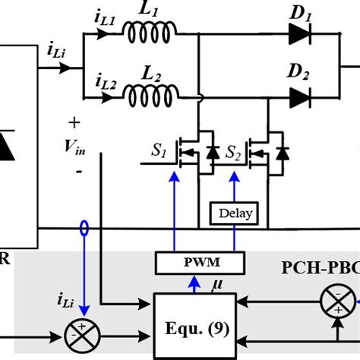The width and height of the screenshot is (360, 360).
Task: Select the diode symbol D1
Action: [299, 33]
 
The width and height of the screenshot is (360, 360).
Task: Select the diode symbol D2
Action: [299, 96]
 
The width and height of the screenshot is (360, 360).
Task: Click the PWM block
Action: [200, 264]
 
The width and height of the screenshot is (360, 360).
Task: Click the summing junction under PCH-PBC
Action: [333, 301]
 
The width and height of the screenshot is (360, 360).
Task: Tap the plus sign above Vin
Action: [74, 122]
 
